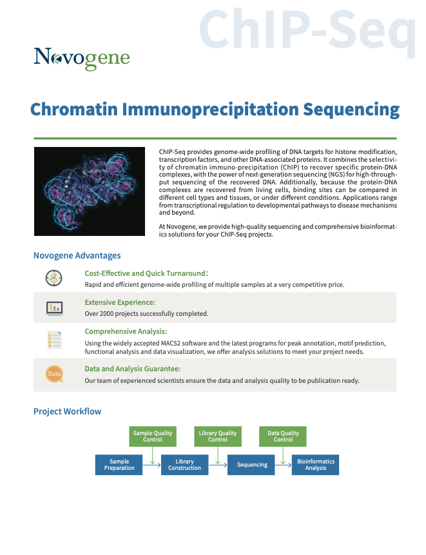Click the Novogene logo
click(82, 59)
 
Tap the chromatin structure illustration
click(90, 191)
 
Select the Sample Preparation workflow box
click(119, 465)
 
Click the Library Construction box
click(185, 465)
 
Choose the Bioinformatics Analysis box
click(315, 465)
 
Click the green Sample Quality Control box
click(153, 436)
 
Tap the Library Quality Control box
click(218, 436)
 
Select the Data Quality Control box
click(283, 436)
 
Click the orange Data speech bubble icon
click(55, 374)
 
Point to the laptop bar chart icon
click(55, 308)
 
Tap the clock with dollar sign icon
click(53, 278)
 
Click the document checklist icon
click(55, 340)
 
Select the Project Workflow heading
click(67, 411)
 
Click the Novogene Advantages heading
click(77, 255)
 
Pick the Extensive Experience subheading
click(120, 302)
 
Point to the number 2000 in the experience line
click(107, 314)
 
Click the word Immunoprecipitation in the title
click(211, 110)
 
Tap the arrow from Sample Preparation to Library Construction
click(152, 465)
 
